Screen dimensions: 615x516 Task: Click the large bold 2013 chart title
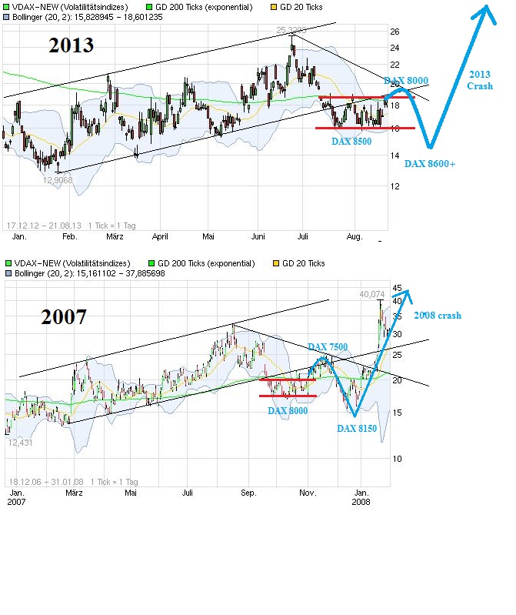point(72,45)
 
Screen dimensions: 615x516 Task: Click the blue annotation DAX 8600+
point(430,163)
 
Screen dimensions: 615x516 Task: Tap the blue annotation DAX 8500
point(351,142)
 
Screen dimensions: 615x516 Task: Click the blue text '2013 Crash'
point(480,80)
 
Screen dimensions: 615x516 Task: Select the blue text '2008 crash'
point(438,316)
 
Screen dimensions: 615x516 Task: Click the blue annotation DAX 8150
point(357,428)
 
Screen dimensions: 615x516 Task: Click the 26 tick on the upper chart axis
point(394,32)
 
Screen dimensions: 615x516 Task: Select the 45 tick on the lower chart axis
point(398,289)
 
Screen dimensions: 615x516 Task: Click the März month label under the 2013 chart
point(115,238)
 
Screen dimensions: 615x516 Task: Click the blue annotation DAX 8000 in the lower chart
point(288,411)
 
